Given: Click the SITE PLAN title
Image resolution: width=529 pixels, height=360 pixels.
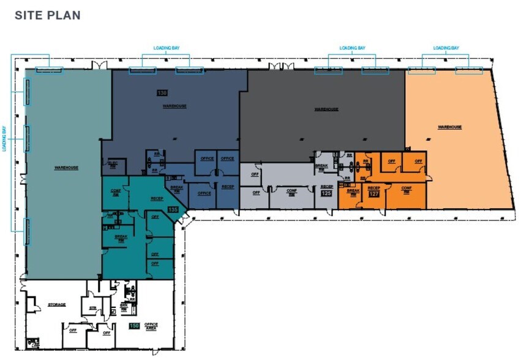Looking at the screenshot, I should coord(47,15).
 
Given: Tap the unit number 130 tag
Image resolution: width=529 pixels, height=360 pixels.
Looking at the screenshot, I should coord(162,94).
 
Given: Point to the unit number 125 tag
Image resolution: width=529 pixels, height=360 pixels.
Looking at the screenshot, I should coord(326,194).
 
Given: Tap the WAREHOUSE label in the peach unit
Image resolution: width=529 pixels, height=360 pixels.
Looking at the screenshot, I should coord(449,127).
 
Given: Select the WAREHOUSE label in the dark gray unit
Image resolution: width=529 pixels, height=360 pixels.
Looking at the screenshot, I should coord(326,110).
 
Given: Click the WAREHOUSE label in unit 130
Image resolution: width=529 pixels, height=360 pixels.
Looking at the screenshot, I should coord(174,106).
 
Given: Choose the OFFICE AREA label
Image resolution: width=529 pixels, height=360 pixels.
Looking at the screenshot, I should coord(151,327).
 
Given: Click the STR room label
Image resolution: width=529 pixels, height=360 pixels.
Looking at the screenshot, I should coord(93,308).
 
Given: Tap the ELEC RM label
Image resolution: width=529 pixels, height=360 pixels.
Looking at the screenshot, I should coord(113,163).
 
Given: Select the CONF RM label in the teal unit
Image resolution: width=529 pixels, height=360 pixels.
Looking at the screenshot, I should coord(115,191).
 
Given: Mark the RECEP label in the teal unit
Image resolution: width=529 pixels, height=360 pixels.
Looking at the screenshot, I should coord(156,198).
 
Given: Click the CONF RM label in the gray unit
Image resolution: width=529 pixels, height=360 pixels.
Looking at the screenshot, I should coord(291,191).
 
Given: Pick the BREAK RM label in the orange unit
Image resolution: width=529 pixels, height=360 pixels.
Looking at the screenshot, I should coord(353,192).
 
